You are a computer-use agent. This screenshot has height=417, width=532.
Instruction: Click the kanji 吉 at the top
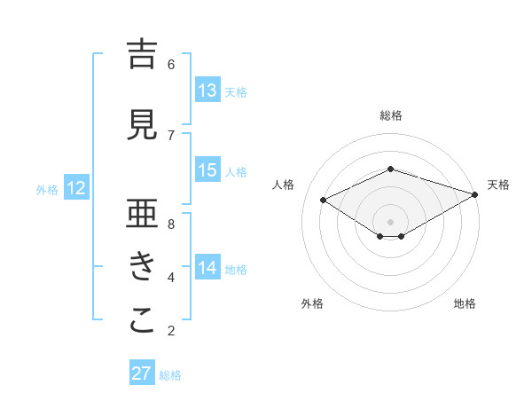click(142, 54)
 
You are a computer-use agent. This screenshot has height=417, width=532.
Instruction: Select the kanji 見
click(142, 125)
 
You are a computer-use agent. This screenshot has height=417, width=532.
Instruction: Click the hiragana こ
click(142, 321)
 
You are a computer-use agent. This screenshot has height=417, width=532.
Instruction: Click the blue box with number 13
click(207, 90)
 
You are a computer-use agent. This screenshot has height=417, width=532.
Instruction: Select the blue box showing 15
click(207, 170)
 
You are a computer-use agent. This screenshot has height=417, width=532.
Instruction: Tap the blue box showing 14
click(207, 268)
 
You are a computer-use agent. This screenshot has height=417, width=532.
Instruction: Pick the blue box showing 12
click(75, 188)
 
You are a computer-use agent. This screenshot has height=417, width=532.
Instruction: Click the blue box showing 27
click(142, 374)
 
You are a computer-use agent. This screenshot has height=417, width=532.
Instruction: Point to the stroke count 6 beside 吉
click(171, 64)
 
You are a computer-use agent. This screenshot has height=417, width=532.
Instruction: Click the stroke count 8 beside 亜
click(171, 224)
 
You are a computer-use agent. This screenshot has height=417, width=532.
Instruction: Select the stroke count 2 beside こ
click(171, 331)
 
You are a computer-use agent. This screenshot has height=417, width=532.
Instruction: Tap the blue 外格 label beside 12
click(46, 189)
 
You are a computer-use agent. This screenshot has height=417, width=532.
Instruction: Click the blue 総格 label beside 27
click(170, 375)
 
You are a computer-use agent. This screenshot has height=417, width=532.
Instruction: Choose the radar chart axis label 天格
click(498, 185)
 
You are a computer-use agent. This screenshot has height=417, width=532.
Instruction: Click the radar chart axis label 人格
click(284, 185)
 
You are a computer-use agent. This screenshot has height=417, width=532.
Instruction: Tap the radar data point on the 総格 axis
click(391, 169)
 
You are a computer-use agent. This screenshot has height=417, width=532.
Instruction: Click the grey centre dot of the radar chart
click(391, 220)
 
